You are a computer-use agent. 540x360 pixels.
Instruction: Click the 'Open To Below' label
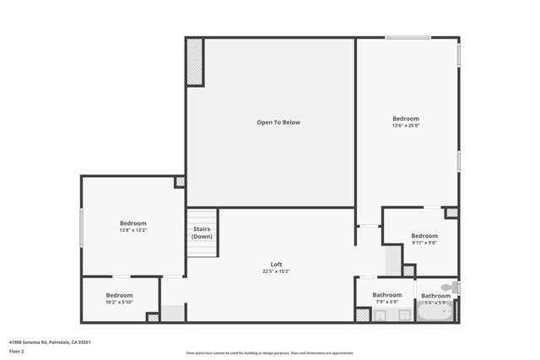278,122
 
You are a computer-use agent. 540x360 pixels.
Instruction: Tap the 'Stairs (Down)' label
202,233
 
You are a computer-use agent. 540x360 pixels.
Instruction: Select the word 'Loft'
276,265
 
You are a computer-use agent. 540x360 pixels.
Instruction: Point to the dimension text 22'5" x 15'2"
276,271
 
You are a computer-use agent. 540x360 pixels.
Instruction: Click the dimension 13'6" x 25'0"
406,126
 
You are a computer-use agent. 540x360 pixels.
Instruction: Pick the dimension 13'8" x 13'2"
133,230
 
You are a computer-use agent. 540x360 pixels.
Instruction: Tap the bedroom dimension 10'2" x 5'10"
120,302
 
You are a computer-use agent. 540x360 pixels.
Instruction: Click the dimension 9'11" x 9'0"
424,243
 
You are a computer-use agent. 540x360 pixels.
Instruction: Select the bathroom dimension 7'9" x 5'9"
388,302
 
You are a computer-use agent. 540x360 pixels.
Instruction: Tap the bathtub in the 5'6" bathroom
434,313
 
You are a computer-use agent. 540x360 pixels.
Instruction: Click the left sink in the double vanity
380,315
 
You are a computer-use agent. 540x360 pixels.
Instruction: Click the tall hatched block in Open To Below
194,62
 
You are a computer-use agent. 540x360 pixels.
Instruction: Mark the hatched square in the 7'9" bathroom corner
362,314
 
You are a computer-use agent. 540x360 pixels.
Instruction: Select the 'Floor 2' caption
17,351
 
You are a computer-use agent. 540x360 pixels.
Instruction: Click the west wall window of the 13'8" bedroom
82,228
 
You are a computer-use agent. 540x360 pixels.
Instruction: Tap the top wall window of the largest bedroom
409,37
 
